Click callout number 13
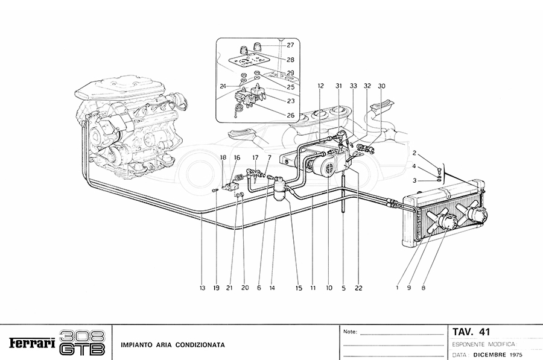click(x=203, y=288)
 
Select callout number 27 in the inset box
click(x=290, y=45)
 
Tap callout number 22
click(x=358, y=288)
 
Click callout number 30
click(x=381, y=86)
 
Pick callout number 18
click(x=223, y=157)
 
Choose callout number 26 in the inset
click(x=290, y=115)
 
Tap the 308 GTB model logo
click(x=83, y=343)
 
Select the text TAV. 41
click(x=471, y=332)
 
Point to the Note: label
click(x=350, y=332)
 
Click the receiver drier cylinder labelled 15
click(x=279, y=190)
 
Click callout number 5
click(x=343, y=288)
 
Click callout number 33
click(x=353, y=86)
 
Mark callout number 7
click(x=269, y=157)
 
